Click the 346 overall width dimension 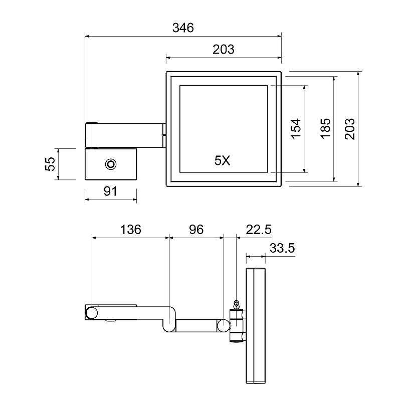tap(183, 28)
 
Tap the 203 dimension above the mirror tap(223, 49)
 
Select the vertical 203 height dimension tap(349, 129)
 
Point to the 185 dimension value tap(325, 129)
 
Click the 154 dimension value tap(296, 129)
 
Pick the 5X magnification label tap(222, 160)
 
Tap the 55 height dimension tap(50, 164)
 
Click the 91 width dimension tap(110, 191)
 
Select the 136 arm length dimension tap(131, 230)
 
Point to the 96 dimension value tap(196, 230)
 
